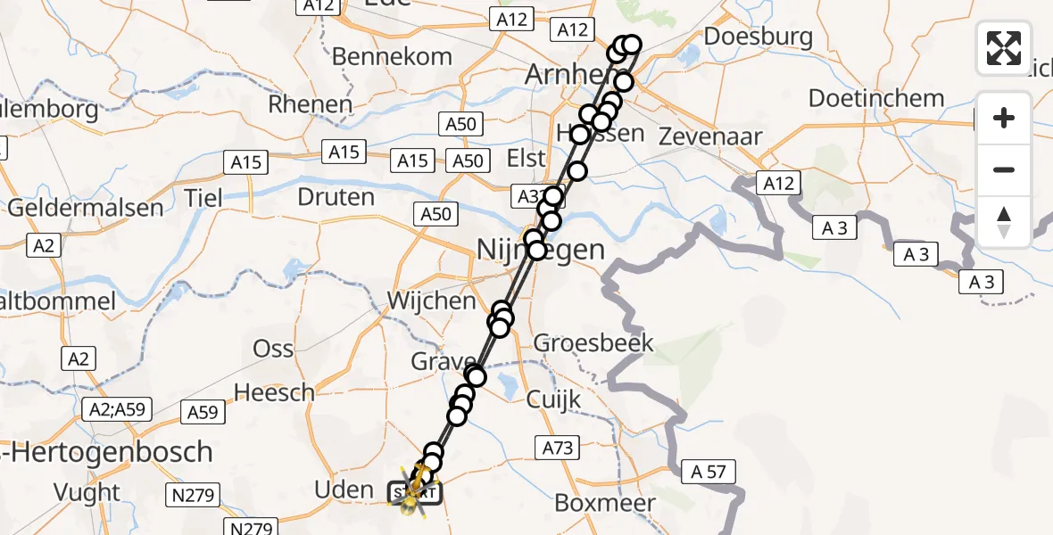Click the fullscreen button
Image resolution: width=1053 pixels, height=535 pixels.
1004,48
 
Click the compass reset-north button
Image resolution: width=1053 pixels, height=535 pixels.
1004,222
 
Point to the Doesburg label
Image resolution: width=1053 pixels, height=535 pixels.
758,37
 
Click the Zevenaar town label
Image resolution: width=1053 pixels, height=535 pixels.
710,136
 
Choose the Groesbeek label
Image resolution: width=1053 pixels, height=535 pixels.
593,342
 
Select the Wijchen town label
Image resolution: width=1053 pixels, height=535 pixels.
431,300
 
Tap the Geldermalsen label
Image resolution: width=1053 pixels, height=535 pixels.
86,209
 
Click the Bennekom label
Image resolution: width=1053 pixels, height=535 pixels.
392,56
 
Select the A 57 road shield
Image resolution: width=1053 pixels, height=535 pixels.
709,472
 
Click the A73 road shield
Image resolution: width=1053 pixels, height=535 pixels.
555,448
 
